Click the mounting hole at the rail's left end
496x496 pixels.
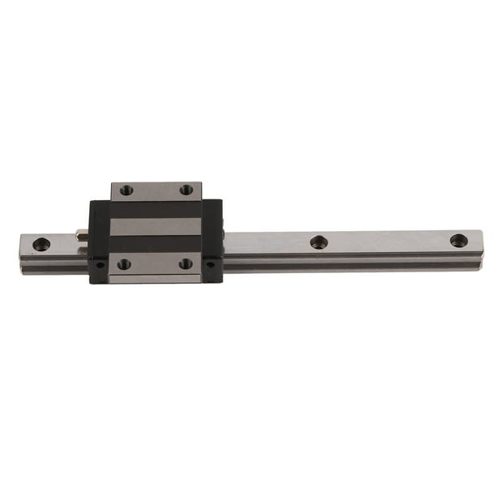point(41,244)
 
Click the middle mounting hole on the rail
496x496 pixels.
point(319,242)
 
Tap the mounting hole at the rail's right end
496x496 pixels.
point(459,240)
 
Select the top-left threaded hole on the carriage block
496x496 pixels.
point(126,190)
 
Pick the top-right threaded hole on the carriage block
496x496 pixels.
point(186,190)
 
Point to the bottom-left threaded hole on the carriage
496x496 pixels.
point(124,263)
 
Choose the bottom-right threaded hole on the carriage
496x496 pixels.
point(186,263)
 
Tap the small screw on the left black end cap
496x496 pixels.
point(99,264)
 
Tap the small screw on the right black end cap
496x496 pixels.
point(212,263)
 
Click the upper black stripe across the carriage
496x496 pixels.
point(156,209)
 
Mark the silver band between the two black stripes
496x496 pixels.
point(156,227)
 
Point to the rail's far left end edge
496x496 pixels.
point(21,247)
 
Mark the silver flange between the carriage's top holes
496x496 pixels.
point(156,190)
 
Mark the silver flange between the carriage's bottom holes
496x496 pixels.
point(155,264)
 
